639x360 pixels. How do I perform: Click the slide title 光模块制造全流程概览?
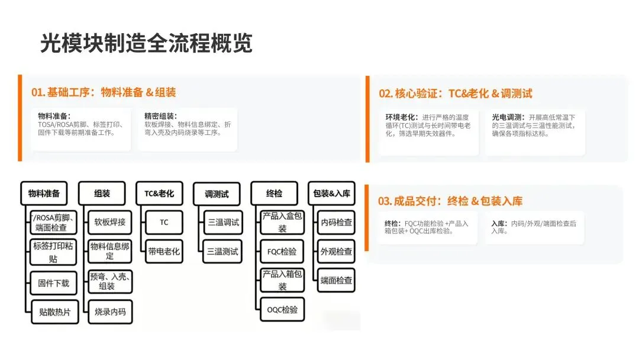click(x=146, y=44)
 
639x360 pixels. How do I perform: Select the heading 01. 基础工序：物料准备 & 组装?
click(x=104, y=92)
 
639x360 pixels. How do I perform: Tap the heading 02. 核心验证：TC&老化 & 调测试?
click(x=455, y=94)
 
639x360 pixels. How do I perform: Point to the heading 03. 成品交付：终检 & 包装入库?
click(x=450, y=201)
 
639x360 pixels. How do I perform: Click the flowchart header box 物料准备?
click(x=44, y=194)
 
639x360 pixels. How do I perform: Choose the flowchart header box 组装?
click(x=102, y=194)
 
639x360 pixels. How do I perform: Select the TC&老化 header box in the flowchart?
click(x=159, y=194)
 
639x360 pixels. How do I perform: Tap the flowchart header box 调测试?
click(x=217, y=194)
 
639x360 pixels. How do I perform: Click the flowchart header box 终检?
click(x=274, y=194)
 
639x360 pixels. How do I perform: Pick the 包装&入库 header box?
click(x=331, y=194)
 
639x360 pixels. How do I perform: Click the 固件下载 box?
click(x=53, y=283)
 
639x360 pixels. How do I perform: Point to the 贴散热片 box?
click(x=53, y=312)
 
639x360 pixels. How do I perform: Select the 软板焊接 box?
click(x=109, y=223)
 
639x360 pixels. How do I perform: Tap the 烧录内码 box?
click(x=109, y=311)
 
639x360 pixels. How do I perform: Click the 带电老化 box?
click(x=164, y=251)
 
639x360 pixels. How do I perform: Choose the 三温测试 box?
click(x=224, y=251)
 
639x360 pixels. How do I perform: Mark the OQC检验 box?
click(x=282, y=309)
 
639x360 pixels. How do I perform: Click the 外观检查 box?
click(x=336, y=251)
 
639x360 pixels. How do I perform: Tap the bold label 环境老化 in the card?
click(x=402, y=117)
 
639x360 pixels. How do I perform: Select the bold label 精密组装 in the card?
click(x=160, y=116)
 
